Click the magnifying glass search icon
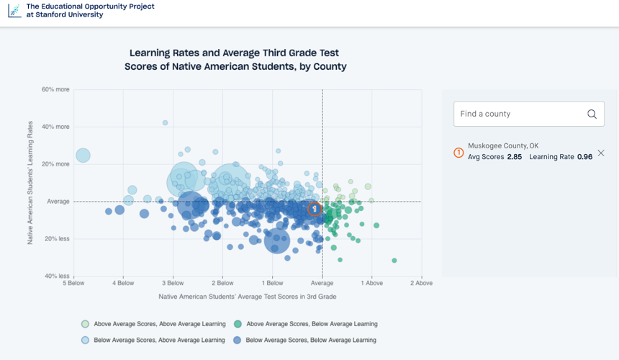(x=592, y=114)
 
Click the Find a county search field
(x=528, y=114)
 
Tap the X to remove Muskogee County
(x=601, y=153)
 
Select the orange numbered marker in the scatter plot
(x=315, y=209)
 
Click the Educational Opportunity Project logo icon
(x=14, y=11)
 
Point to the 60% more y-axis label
(x=55, y=89)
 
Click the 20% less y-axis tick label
(x=57, y=239)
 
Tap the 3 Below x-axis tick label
(x=173, y=283)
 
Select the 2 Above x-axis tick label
(x=421, y=283)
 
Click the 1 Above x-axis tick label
(x=372, y=283)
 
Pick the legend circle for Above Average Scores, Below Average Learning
(x=238, y=324)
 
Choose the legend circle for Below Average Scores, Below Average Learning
(x=237, y=341)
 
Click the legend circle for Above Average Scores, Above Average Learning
(x=85, y=324)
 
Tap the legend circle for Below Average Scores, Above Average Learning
(x=85, y=341)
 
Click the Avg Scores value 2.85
(x=515, y=157)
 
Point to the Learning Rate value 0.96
(x=584, y=157)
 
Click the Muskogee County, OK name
(x=503, y=145)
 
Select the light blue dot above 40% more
(x=165, y=123)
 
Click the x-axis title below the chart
(x=248, y=297)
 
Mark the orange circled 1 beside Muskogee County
(x=458, y=153)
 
